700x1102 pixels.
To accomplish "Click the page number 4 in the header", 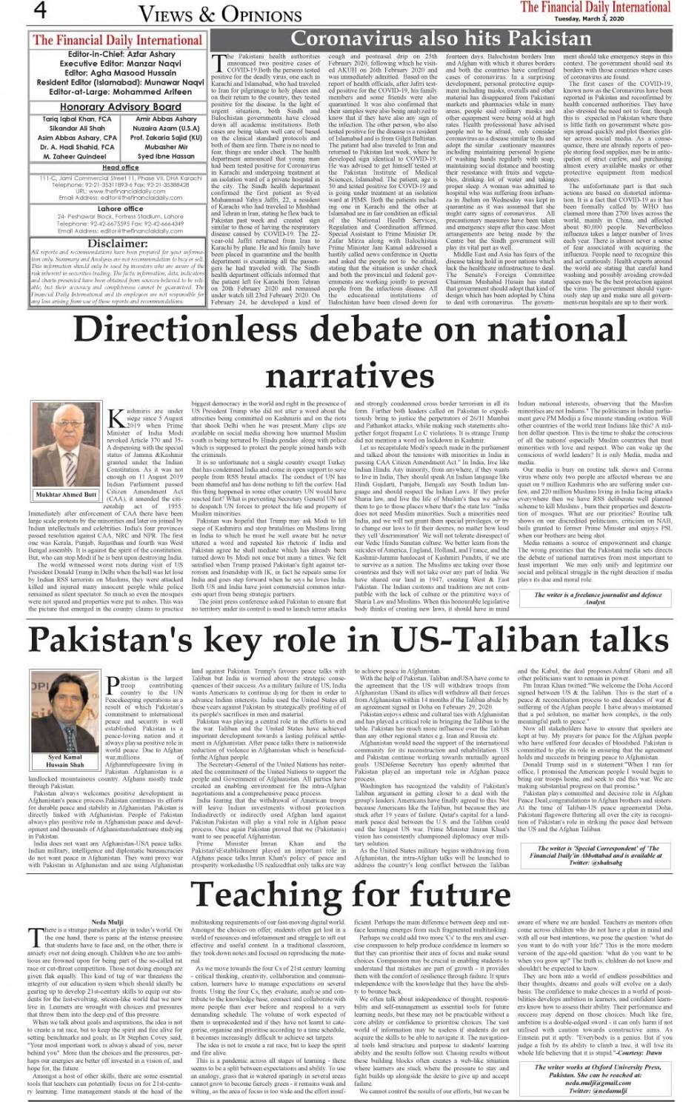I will coord(41,11).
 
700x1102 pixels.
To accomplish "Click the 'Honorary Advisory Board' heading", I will coord(117,107).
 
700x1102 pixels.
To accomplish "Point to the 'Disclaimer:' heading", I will coord(117,244).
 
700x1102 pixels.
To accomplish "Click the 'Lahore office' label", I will coord(120,210).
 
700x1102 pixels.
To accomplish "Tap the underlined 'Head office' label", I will coord(120,168).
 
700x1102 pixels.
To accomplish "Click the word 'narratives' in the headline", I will coord(350,376).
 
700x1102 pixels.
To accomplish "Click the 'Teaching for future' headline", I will coord(350,894).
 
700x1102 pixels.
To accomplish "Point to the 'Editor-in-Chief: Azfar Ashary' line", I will coord(117,55).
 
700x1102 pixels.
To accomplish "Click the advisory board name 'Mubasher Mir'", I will coord(166,147).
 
